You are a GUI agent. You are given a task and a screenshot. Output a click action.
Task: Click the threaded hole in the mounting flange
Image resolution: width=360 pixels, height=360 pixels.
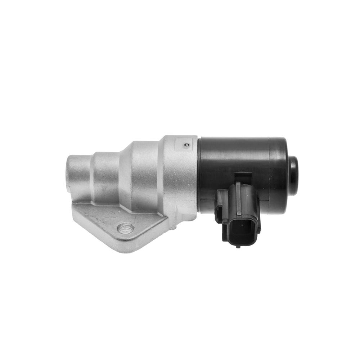(x=126, y=228)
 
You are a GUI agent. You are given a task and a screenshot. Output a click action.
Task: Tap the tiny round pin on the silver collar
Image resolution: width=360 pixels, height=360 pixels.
(x=186, y=145)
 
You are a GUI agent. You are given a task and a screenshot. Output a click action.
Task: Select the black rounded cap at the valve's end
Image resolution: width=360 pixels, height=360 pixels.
(x=293, y=176)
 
